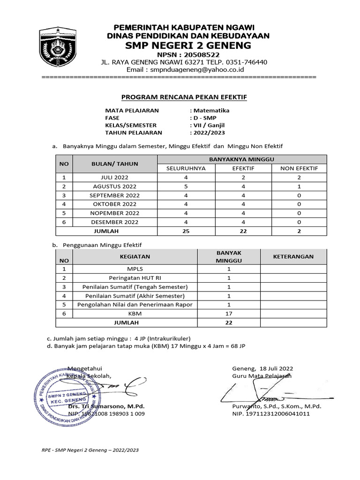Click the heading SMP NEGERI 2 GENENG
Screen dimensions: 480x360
click(x=187, y=45)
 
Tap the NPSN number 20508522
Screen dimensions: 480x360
click(x=202, y=54)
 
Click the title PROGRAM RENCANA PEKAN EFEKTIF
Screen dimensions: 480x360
click(x=184, y=97)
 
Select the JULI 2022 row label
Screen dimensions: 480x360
click(x=114, y=178)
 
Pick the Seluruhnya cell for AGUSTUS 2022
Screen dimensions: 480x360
click(x=186, y=187)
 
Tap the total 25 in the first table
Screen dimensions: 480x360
click(x=186, y=231)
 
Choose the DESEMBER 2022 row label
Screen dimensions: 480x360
click(x=114, y=222)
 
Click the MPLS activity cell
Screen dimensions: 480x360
click(x=135, y=269)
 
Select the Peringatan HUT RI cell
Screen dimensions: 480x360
click(x=135, y=278)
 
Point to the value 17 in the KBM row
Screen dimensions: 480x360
click(x=229, y=314)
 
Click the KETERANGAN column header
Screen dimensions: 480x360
click(x=293, y=256)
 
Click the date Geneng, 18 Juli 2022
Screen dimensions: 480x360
click(x=262, y=368)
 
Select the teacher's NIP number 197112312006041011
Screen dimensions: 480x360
click(x=271, y=414)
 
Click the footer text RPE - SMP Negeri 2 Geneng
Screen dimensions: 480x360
click(x=90, y=450)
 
